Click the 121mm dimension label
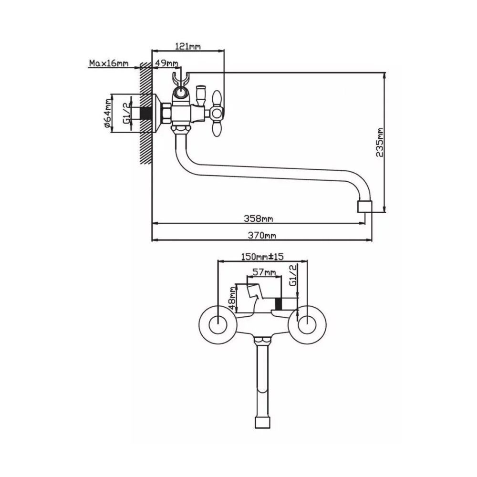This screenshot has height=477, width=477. coord(188,46)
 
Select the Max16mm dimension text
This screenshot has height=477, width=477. coord(108,63)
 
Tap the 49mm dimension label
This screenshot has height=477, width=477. coord(167,63)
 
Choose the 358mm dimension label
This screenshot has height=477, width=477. coord(258,218)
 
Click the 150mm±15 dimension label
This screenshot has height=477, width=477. coord(262,257)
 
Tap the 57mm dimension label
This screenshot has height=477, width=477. coord(264,272)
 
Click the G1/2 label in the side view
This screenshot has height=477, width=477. coord(127,114)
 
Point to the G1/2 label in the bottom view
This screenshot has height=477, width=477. coord(293,276)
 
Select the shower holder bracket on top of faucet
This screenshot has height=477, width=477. coord(179,81)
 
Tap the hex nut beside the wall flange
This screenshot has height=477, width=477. coord(166,114)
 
